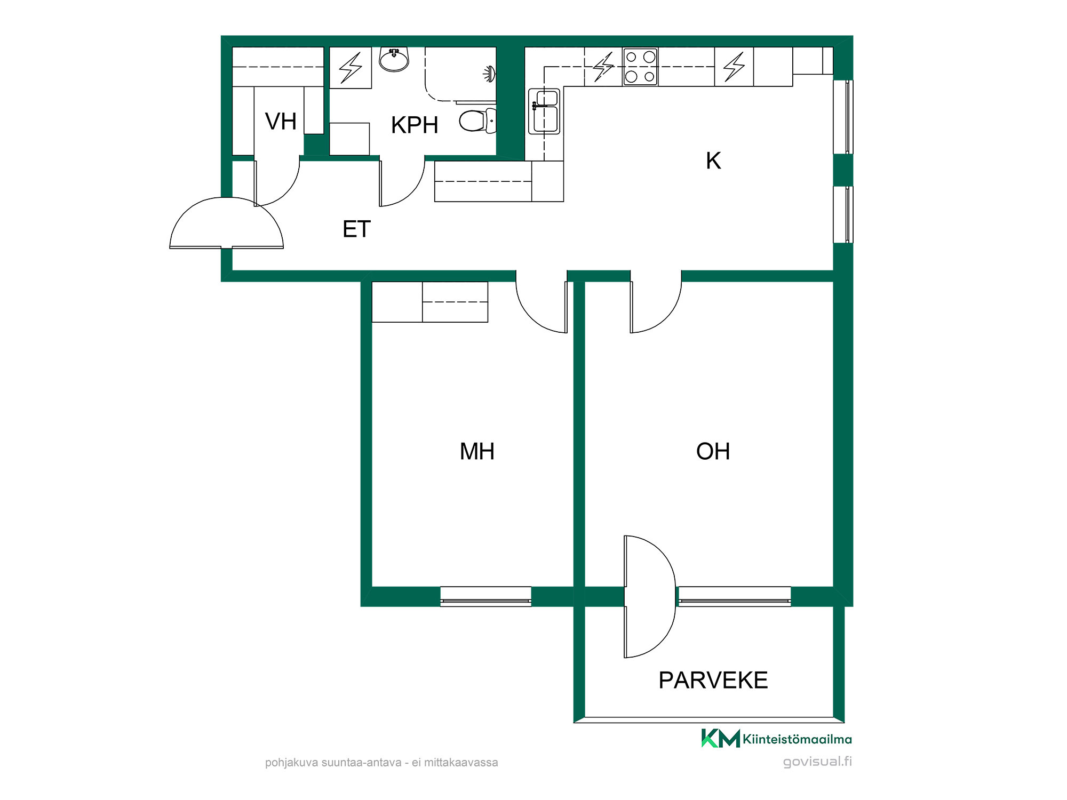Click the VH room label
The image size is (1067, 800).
coord(281,122)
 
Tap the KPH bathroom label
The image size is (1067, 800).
coord(415,125)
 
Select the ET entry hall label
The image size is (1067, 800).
coord(356,229)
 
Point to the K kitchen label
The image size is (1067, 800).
coord(713,161)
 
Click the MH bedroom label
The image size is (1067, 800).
coord(477,452)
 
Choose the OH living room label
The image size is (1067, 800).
coord(713,452)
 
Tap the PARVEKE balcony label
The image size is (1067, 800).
coord(713,681)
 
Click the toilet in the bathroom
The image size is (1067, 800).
coord(478,121)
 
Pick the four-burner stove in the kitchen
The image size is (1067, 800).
coord(640,67)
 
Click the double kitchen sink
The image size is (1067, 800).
coord(544,111)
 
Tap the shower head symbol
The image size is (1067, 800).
coord(490,74)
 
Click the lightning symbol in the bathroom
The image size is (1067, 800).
coord(351,68)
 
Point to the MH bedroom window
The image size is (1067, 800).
coord(485,597)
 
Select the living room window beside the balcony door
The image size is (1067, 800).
coord(734,597)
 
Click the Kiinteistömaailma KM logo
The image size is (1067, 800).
coord(776,739)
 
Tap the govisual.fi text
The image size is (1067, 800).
coord(817,762)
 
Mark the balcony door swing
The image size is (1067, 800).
coord(650,597)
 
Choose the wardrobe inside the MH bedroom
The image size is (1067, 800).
coord(429,302)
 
